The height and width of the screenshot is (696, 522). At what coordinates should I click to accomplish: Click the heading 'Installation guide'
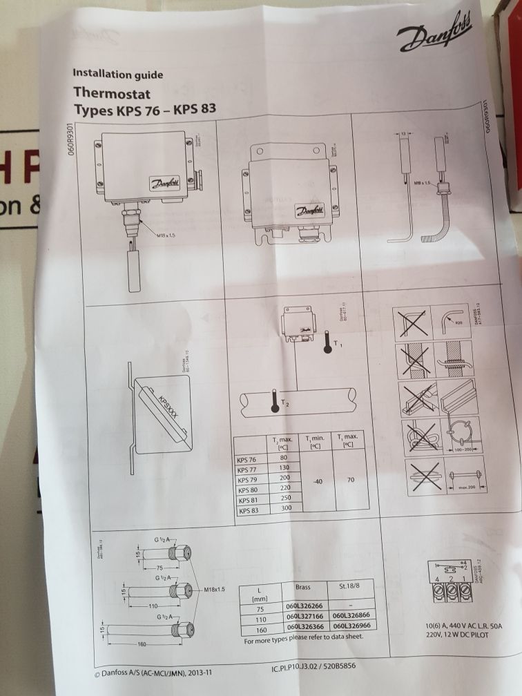click(x=117, y=74)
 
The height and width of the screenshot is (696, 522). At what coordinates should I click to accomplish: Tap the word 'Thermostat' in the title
click(x=112, y=92)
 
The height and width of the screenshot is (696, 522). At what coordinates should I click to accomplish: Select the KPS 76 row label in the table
click(x=248, y=458)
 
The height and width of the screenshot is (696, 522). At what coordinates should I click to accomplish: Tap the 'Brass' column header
click(x=302, y=588)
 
